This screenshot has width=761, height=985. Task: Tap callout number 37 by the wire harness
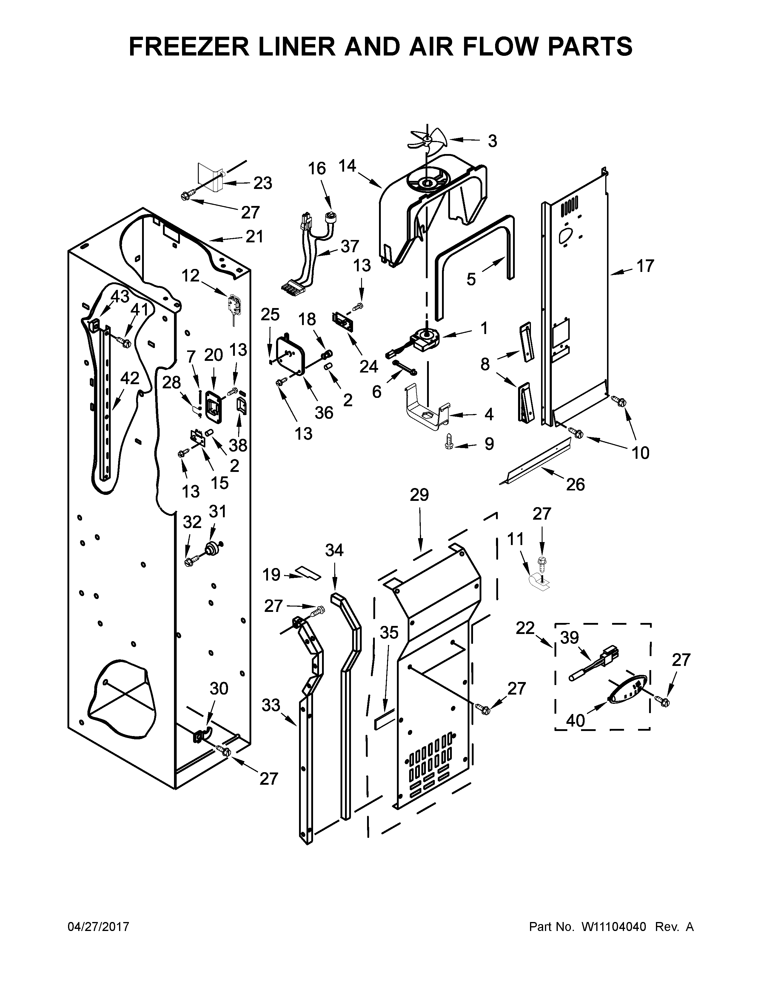coord(350,246)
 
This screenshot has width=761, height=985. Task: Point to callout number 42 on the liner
coord(130,378)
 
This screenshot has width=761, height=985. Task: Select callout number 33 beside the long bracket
coord(271,705)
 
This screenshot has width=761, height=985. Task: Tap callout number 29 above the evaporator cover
coord(419,495)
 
